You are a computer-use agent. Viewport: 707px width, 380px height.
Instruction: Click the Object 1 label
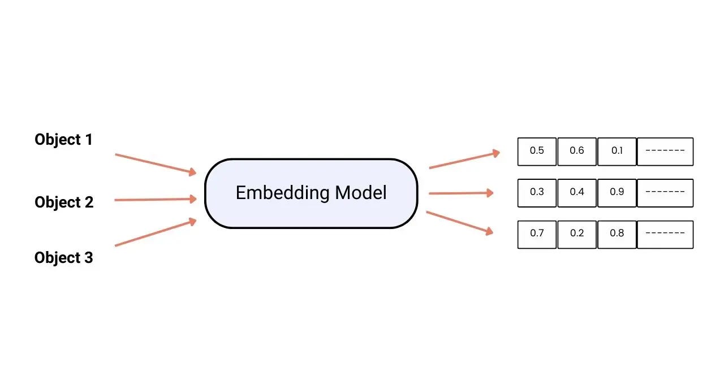coord(63,140)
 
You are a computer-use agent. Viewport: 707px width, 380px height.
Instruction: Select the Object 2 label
coord(64,202)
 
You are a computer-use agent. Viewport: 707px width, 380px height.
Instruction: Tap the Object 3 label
coord(63,258)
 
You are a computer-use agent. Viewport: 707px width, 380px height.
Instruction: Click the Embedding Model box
coord(311,193)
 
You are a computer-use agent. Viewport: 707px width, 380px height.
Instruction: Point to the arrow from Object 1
coord(156,163)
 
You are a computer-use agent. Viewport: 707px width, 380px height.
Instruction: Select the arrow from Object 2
coord(156,199)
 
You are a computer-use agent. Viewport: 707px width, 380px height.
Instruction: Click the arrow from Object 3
coord(156,232)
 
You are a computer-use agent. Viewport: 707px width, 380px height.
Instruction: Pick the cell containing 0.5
coord(537,151)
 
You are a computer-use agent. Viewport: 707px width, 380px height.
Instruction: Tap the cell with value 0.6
coord(577,151)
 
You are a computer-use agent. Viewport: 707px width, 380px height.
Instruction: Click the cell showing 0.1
coord(617,151)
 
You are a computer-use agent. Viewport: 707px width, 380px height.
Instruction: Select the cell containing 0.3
coord(537,192)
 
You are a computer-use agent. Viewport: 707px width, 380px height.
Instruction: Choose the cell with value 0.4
coord(577,192)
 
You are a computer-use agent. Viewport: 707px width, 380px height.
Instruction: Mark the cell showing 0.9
coord(617,192)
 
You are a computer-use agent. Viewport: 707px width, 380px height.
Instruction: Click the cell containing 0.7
coord(537,234)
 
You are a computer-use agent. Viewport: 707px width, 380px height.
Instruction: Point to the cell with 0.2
coord(577,234)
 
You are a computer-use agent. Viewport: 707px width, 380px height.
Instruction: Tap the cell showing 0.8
coord(617,234)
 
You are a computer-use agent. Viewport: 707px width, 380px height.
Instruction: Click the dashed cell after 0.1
coord(665,151)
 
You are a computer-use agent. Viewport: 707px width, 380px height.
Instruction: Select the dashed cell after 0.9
coord(665,192)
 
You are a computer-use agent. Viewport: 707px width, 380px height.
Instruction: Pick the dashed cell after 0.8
coord(665,234)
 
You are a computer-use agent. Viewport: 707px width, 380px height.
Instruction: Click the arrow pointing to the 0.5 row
coord(464,159)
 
